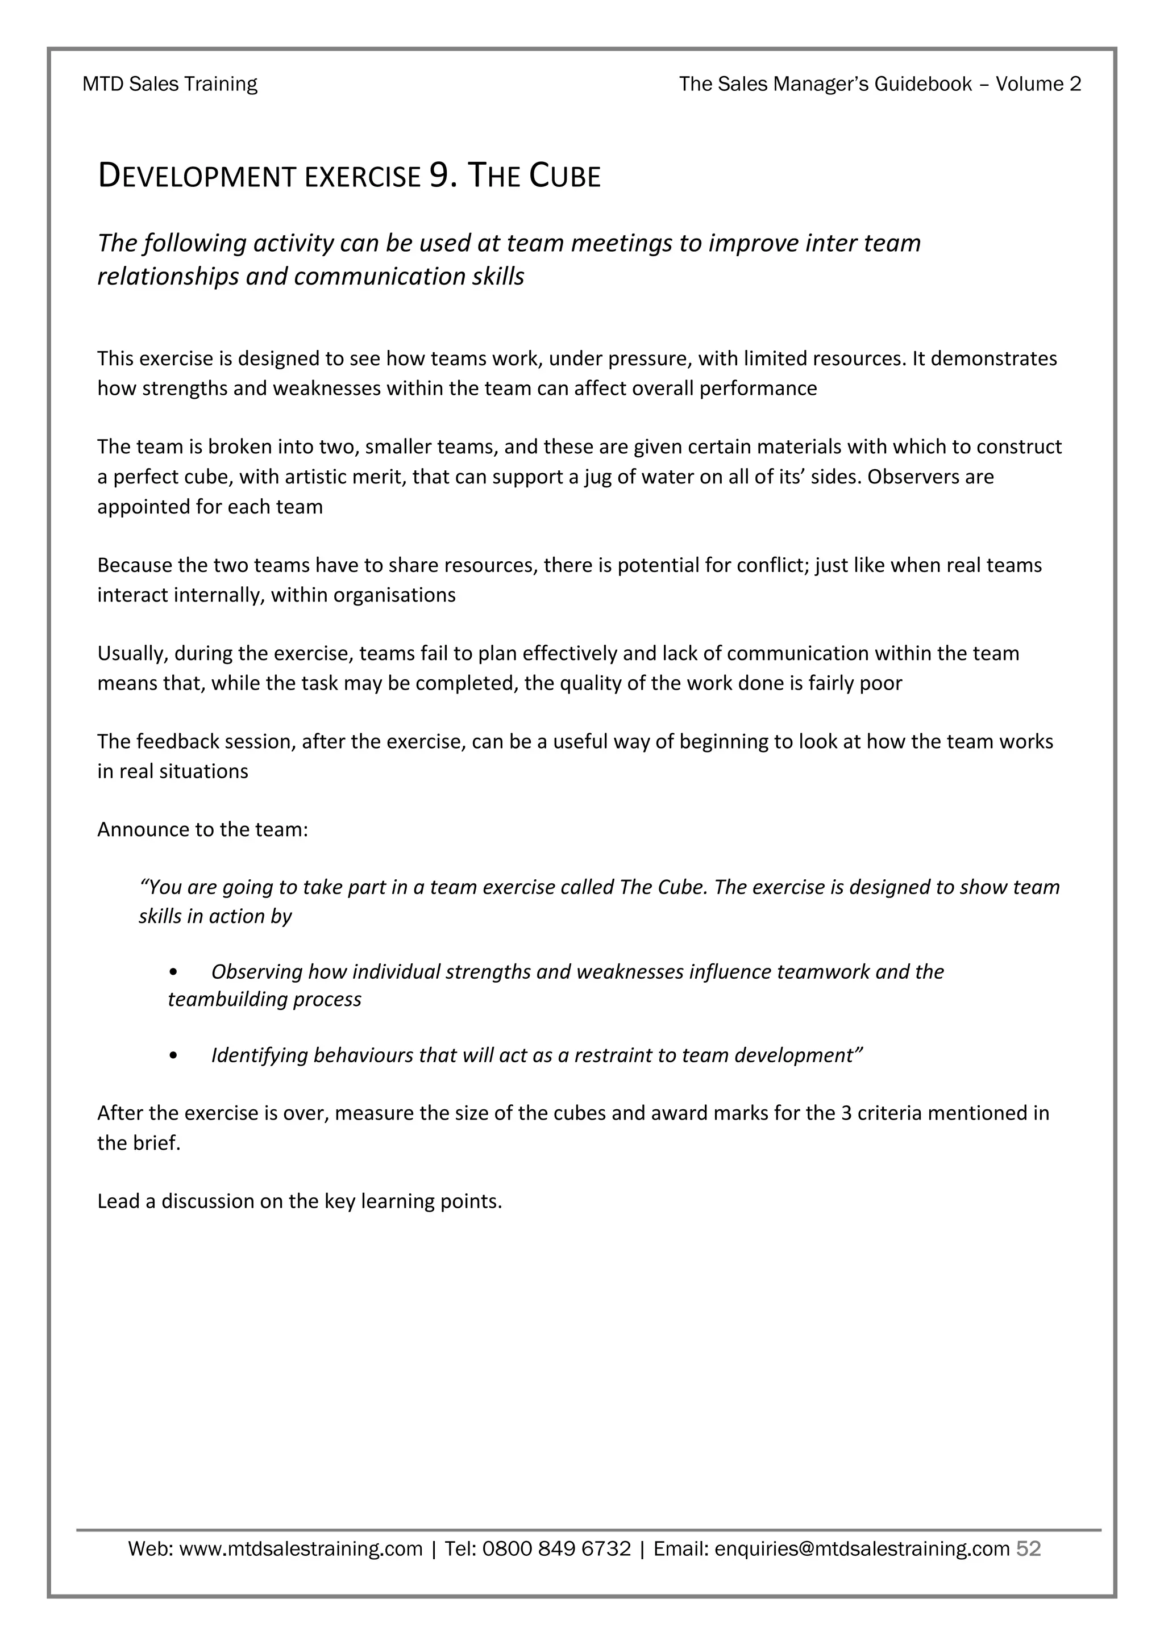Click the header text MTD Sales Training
point(170,84)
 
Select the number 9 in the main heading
point(439,176)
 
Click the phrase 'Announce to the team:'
point(203,830)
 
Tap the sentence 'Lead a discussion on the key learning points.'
point(300,1201)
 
